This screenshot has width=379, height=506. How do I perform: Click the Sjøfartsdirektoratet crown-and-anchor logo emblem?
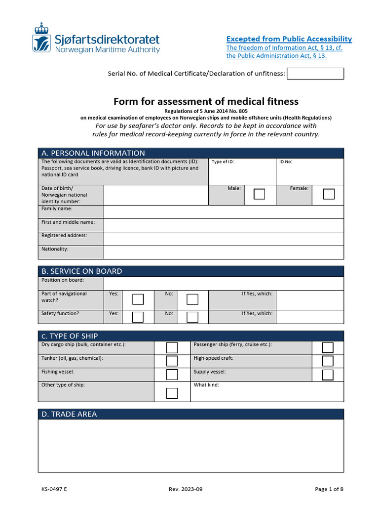(x=41, y=37)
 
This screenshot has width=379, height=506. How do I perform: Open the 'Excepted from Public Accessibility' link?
(x=289, y=39)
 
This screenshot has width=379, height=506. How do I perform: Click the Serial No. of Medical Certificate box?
(x=315, y=74)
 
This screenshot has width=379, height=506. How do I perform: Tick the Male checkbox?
(x=259, y=194)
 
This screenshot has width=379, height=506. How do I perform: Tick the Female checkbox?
(x=329, y=194)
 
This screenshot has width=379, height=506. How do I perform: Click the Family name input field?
(x=224, y=212)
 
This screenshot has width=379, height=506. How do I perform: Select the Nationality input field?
(x=224, y=252)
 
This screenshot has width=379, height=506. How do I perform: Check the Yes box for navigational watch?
(x=138, y=299)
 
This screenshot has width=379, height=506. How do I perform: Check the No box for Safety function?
(x=192, y=317)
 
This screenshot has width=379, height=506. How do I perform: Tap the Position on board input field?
(x=224, y=283)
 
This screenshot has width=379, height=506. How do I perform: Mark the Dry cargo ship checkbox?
(x=172, y=347)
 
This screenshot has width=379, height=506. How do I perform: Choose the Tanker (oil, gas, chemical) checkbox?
(x=172, y=361)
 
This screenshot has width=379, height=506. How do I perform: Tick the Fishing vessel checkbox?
(x=172, y=375)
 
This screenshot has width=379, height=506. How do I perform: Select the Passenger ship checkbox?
(x=328, y=347)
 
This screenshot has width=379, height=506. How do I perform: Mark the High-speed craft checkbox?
(x=328, y=361)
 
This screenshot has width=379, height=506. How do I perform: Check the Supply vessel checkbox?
(x=328, y=375)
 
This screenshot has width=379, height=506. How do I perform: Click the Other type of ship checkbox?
(x=172, y=393)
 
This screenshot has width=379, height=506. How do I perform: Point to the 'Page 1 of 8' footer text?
(x=329, y=489)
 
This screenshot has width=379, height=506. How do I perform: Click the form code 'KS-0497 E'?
(x=54, y=489)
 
